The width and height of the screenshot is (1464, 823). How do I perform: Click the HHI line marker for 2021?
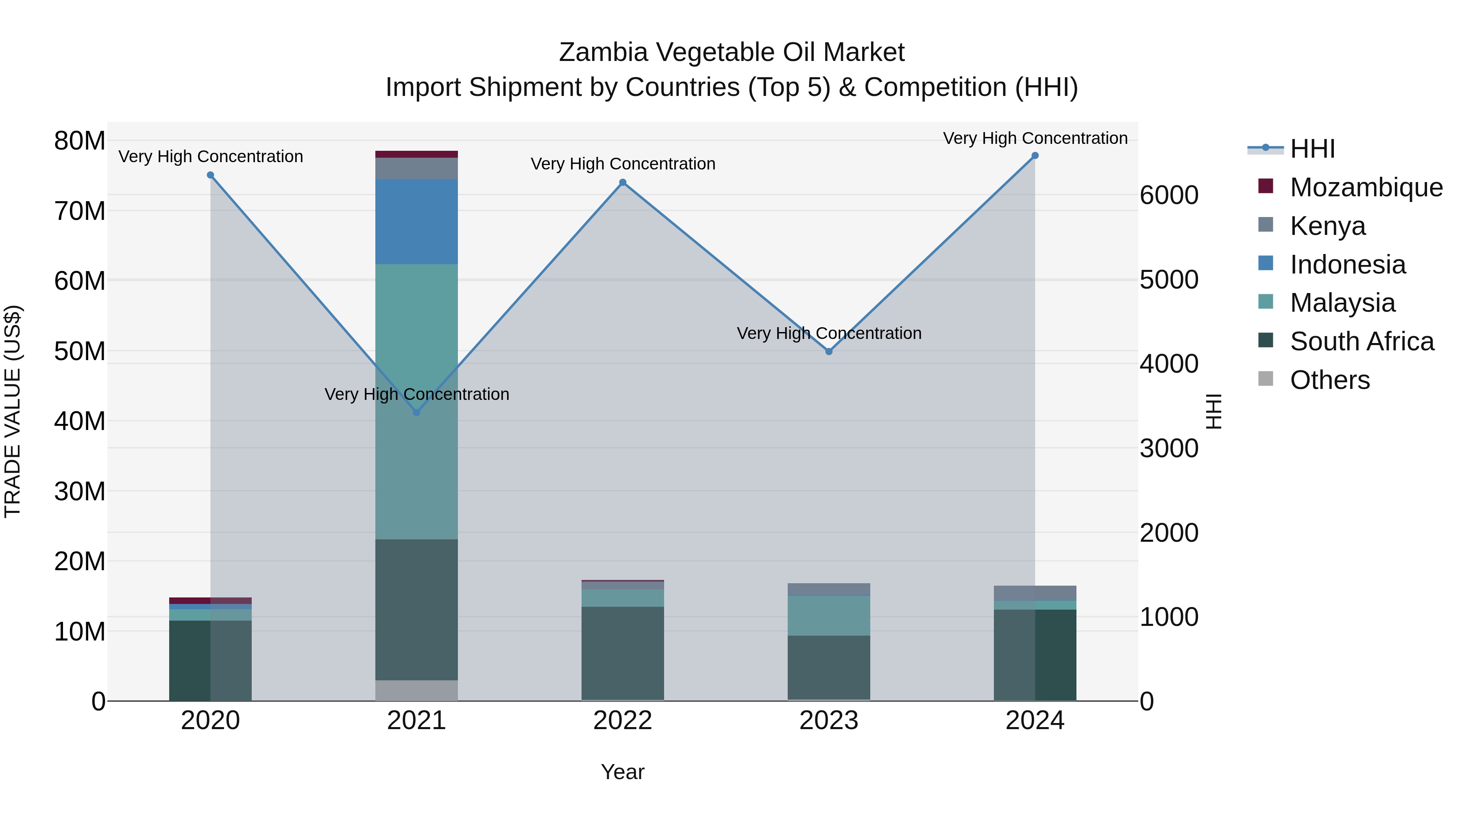point(416,413)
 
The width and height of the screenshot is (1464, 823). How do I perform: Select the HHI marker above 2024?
point(1035,156)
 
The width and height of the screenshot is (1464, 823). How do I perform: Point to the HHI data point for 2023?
point(829,352)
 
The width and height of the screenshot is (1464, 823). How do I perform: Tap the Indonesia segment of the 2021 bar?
point(416,221)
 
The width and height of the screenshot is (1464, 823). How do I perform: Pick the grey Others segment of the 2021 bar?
point(416,690)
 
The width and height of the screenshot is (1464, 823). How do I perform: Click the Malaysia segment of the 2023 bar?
point(829,616)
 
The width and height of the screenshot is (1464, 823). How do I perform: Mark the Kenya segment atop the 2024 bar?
point(1035,593)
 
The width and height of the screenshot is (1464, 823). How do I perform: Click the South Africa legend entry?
point(1361,341)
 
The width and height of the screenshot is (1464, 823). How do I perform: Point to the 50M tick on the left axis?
point(80,351)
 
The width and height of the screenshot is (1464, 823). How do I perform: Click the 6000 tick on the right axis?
point(1169,195)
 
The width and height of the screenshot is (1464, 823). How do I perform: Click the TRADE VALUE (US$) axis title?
point(13,411)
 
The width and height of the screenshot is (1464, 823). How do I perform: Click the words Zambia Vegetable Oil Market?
point(732,52)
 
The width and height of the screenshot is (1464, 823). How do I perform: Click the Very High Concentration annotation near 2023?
point(829,333)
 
